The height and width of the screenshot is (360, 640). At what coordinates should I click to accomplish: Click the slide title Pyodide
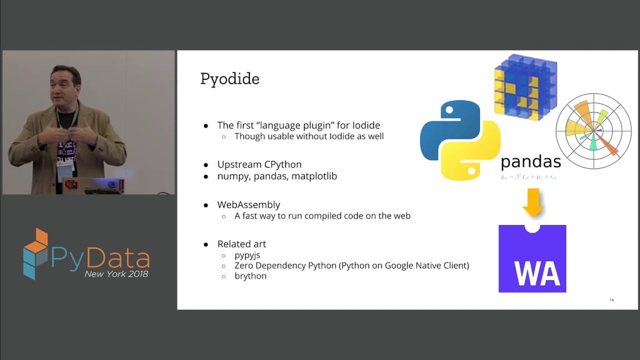point(229,79)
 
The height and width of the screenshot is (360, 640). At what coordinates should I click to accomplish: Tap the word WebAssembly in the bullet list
point(249,204)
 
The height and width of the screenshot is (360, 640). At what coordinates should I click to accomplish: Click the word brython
point(251,276)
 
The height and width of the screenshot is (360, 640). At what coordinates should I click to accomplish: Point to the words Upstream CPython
point(259,164)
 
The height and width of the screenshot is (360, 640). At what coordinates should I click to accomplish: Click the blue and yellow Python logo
point(460,141)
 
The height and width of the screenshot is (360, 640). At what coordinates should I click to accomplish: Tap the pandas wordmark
point(531,162)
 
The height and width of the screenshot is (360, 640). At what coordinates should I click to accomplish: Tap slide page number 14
point(611,301)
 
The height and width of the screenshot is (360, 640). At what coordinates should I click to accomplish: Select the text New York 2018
point(116,274)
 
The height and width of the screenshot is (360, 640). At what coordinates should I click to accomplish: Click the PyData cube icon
point(35,253)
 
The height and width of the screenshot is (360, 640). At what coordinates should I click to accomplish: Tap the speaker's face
point(66,87)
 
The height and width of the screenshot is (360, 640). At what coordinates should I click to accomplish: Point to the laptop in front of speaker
point(100,186)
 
